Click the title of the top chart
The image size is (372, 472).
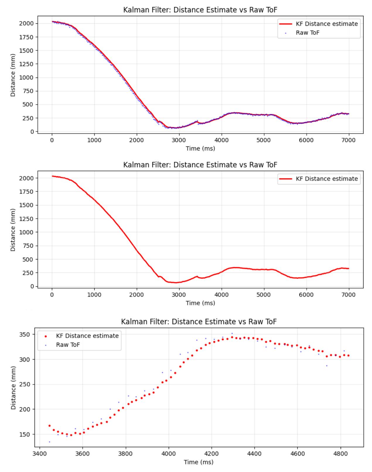[200, 10]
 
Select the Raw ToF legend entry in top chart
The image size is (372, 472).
[307, 33]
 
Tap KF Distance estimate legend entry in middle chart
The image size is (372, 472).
[327, 179]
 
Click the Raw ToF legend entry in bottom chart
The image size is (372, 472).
[68, 345]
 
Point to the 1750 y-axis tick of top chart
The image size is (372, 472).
[26, 37]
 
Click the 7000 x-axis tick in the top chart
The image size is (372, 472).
[348, 140]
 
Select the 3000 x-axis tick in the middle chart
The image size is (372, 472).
[179, 295]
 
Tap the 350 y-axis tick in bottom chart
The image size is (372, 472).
[25, 335]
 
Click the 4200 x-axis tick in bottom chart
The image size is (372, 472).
[211, 454]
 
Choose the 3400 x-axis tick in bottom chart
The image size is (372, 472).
[39, 454]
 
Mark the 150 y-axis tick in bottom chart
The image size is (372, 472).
[25, 435]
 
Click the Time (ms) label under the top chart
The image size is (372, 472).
[200, 149]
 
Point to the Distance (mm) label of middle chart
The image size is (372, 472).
[13, 230]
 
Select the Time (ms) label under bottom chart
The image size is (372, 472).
[199, 462]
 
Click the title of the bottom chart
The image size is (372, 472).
[199, 322]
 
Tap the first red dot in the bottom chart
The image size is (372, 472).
[50, 426]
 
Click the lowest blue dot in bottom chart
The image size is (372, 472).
[50, 442]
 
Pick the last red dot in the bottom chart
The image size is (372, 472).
[348, 356]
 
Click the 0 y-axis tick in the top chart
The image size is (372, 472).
[32, 132]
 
